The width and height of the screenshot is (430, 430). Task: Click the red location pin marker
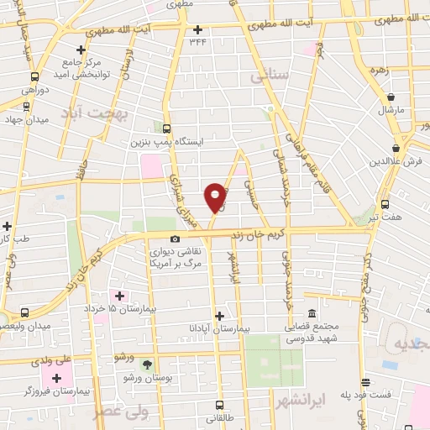[217, 196]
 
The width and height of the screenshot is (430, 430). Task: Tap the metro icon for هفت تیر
[385, 203]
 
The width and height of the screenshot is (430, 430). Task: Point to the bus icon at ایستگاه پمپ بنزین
[166, 129]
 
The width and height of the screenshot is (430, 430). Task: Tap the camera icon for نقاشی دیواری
[176, 239]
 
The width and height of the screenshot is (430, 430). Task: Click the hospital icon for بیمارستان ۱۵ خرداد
[120, 296]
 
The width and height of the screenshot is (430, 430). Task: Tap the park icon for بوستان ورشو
[148, 364]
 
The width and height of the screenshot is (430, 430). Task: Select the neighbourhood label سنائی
[270, 76]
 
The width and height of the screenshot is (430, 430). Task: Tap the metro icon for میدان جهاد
[27, 107]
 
